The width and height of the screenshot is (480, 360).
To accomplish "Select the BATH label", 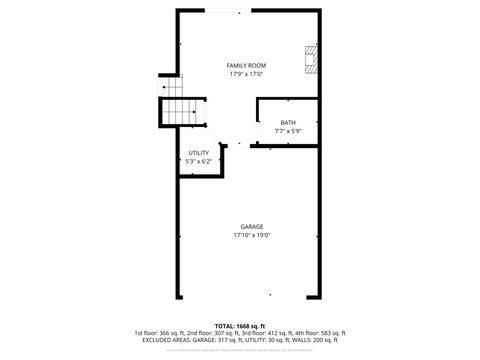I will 288,123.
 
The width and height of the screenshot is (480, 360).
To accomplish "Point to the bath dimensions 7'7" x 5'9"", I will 288,131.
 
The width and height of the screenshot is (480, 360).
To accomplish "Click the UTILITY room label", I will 198,153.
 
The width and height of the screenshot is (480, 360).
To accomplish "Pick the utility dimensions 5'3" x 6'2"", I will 198,161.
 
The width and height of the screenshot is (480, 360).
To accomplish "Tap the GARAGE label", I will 252,227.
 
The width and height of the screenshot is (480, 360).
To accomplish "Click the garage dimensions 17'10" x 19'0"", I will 252,235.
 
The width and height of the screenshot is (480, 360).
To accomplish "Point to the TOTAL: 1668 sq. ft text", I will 240,326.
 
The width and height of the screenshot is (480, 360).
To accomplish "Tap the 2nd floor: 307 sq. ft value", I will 211,333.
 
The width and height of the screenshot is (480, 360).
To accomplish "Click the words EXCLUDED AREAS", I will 162,340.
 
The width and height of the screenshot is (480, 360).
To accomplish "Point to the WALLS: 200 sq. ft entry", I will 321,340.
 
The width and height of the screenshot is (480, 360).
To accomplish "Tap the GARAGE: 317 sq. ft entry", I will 218,340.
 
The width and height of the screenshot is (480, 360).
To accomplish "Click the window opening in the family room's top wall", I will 223,11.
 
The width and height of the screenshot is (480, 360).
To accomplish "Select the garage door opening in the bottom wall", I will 251,296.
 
